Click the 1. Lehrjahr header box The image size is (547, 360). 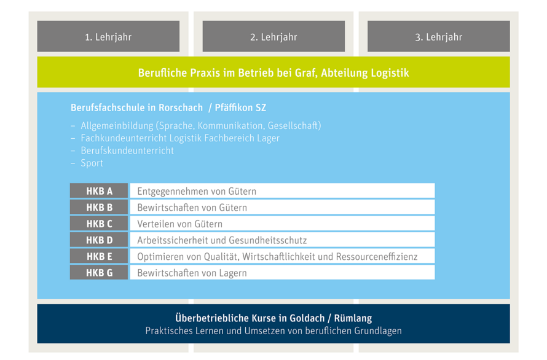109,36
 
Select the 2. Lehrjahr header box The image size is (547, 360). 273,36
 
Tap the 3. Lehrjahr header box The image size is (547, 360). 438,36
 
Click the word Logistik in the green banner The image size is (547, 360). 390,73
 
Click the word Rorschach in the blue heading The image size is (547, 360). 181,108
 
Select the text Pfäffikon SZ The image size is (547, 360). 240,108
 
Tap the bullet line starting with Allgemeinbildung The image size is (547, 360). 200,125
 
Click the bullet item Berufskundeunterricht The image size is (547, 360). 127,151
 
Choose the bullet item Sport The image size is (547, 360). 92,163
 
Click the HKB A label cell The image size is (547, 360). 99,191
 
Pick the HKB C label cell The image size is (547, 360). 99,224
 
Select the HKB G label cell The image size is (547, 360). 99,272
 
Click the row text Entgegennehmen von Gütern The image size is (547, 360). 197,191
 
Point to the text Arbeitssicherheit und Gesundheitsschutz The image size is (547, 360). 222,240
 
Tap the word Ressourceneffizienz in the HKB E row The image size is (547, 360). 377,257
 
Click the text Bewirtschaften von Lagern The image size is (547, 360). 192,273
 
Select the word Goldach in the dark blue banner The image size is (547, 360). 306,318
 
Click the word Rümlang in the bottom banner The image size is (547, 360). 353,318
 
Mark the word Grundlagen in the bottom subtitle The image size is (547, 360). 378,331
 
